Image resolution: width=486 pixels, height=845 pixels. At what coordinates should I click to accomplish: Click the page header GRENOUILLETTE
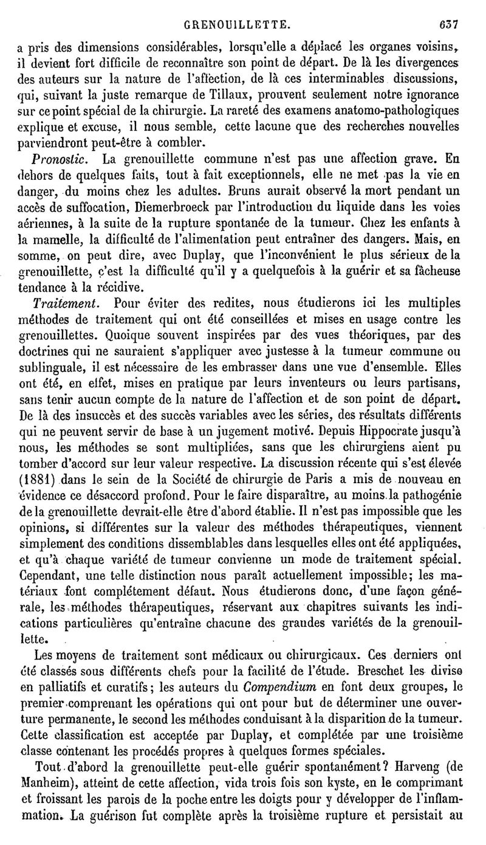pyautogui.click(x=244, y=9)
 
